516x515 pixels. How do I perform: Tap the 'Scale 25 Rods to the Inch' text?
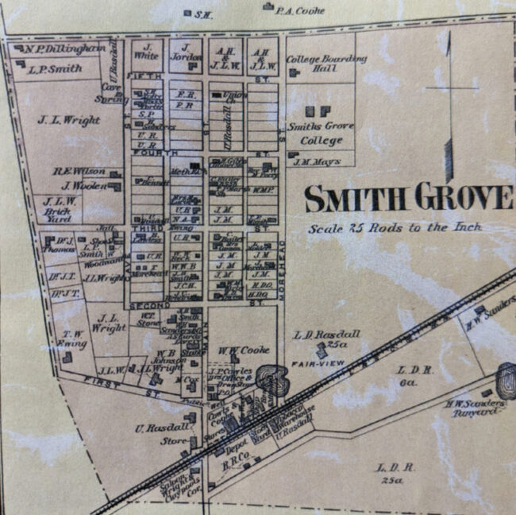click(395, 227)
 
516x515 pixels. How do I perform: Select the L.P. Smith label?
click(55, 68)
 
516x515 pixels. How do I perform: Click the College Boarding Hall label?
click(326, 64)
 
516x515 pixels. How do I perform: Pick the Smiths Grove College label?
click(321, 133)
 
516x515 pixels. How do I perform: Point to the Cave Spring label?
click(110, 92)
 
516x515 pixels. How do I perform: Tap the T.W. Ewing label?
click(74, 338)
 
